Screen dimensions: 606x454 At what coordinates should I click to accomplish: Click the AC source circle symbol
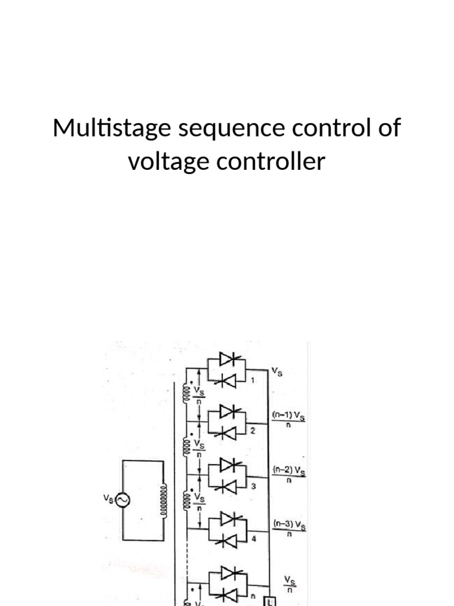pyautogui.click(x=123, y=501)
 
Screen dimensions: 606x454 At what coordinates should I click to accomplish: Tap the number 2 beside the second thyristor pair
pyautogui.click(x=252, y=431)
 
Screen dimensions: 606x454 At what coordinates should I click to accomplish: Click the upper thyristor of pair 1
pyautogui.click(x=228, y=359)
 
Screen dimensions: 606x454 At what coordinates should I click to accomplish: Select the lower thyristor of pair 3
pyautogui.click(x=228, y=486)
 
